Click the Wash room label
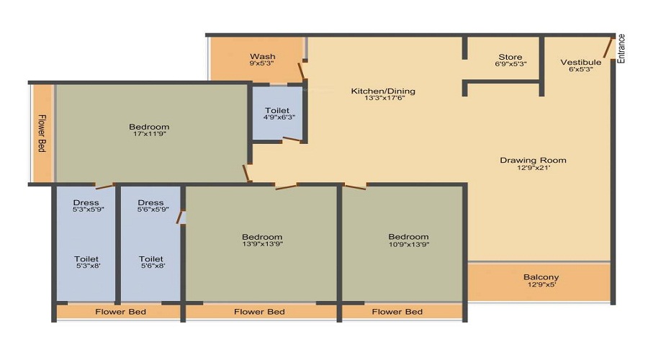(x=262, y=57)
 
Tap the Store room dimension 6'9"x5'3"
(x=510, y=64)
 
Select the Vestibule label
(x=580, y=63)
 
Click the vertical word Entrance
(x=621, y=48)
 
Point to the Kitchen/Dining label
(x=383, y=91)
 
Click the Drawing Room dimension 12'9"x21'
(x=533, y=168)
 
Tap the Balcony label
(x=541, y=277)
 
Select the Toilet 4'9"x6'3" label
(x=277, y=111)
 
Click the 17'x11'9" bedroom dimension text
(x=150, y=134)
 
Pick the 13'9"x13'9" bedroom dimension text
(x=262, y=245)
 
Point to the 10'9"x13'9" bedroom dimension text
(x=408, y=245)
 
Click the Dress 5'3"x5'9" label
(x=86, y=202)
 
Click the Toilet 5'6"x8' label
(x=150, y=259)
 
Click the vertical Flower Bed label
(x=42, y=133)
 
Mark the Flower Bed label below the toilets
(x=121, y=312)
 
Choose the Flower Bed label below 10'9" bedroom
(x=397, y=312)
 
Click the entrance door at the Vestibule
(x=608, y=48)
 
